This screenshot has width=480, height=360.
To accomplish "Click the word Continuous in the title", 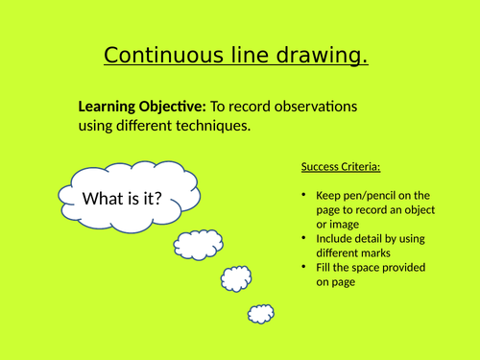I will [156, 57].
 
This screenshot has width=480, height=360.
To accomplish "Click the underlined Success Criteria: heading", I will [342, 168].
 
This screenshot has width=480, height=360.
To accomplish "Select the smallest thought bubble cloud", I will [260, 313].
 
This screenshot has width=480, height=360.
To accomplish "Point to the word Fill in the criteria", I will [324, 267].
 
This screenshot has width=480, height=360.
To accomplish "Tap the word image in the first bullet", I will [347, 224].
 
